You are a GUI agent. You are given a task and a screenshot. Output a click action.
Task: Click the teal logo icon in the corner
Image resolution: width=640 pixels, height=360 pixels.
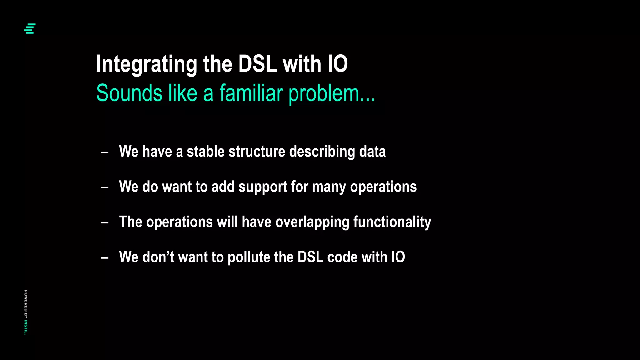30,28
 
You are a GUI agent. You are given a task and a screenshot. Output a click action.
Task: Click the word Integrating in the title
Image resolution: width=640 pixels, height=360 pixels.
146,64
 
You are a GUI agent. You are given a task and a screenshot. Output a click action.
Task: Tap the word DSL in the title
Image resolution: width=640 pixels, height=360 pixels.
257,64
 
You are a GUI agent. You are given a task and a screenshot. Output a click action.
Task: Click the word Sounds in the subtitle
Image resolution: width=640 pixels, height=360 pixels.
129,93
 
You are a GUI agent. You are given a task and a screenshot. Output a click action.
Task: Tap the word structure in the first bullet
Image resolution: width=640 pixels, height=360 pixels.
257,152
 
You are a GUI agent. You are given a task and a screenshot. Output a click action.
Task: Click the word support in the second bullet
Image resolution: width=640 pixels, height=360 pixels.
262,187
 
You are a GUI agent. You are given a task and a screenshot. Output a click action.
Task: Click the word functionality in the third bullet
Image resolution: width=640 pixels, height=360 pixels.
392,222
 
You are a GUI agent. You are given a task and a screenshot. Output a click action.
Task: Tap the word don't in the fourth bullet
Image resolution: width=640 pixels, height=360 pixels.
158,257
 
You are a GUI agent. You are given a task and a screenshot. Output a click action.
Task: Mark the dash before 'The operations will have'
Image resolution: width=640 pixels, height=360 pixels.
105,223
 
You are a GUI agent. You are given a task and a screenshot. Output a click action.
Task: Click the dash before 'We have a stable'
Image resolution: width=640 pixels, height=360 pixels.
105,152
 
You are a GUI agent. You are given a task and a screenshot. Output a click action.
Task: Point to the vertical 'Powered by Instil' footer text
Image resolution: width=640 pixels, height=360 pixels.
26,312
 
